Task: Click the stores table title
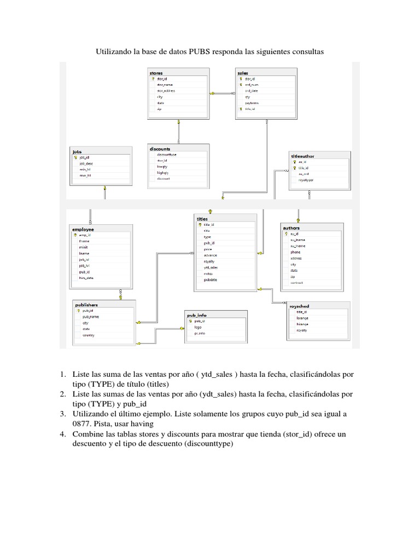tap(156, 72)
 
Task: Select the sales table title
tap(243, 72)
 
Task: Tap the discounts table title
tap(160, 148)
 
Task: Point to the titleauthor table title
tap(302, 156)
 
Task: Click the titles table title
tap(202, 218)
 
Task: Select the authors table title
tap(291, 227)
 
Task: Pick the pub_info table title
tap(197, 315)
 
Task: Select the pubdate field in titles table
tap(211, 280)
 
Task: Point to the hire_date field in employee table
tap(86, 278)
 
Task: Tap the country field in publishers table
tap(87, 335)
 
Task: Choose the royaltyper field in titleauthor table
tap(306, 180)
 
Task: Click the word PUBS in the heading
tap(200, 52)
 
